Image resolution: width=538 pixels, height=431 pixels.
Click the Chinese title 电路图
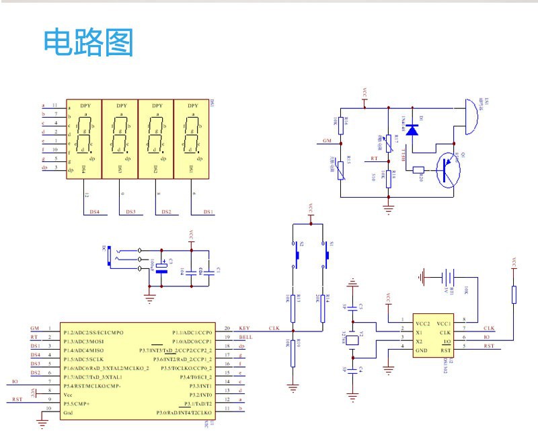pyautogui.click(x=89, y=43)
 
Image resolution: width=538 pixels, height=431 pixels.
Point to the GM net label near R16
pyautogui.click(x=328, y=141)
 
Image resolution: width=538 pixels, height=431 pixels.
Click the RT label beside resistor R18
pyautogui.click(x=375, y=159)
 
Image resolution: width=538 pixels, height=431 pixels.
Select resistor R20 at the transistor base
pyautogui.click(x=419, y=170)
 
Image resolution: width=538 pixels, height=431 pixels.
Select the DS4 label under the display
pyautogui.click(x=95, y=212)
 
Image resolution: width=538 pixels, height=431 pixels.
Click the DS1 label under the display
pyautogui.click(x=208, y=212)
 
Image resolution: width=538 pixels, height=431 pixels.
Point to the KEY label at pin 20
pyautogui.click(x=244, y=328)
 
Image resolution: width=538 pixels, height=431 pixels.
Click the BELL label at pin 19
pyautogui.click(x=245, y=337)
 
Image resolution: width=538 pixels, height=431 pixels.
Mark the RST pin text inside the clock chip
pyautogui.click(x=446, y=350)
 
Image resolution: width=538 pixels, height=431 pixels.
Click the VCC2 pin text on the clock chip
pyautogui.click(x=422, y=323)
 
